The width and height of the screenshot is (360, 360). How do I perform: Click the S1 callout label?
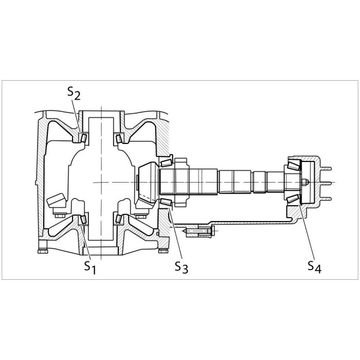pyautogui.click(x=90, y=267)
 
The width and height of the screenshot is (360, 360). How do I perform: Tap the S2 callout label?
pyautogui.click(x=74, y=93)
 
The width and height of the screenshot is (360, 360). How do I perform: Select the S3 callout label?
pyautogui.click(x=182, y=267)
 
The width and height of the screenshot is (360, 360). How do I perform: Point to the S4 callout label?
pyautogui.click(x=314, y=267)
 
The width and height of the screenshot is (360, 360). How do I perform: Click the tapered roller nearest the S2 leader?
pyautogui.click(x=83, y=138)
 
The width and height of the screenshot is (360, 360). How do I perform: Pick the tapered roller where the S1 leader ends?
pyautogui.click(x=83, y=219)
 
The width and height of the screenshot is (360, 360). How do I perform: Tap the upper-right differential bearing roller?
pyautogui.click(x=119, y=139)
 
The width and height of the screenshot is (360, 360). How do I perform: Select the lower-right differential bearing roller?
pyautogui.click(x=118, y=219)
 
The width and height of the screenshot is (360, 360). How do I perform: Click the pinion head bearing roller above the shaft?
pyautogui.click(x=166, y=163)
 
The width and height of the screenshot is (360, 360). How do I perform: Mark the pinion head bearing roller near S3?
pyautogui.click(x=166, y=202)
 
